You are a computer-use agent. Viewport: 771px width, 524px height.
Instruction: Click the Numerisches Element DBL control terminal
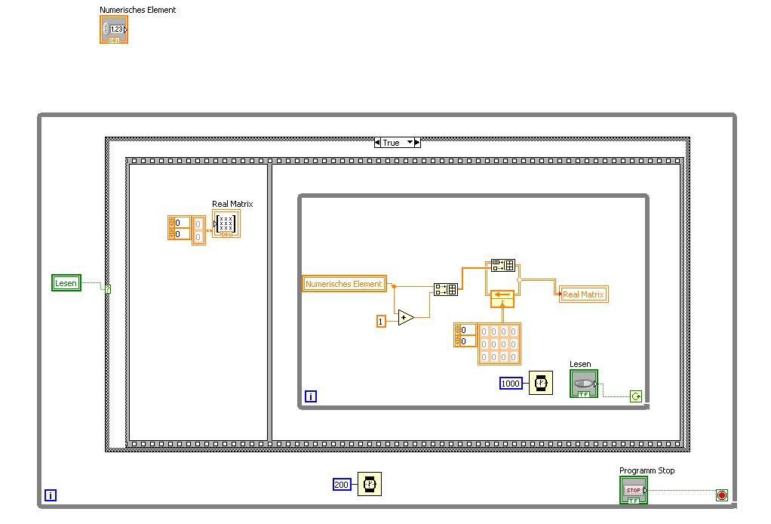(114, 29)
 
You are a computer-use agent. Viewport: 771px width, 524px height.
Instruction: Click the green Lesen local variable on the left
(66, 283)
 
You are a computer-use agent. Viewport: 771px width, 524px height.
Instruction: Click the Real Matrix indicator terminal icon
(226, 224)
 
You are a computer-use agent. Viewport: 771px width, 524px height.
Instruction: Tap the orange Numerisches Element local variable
(345, 284)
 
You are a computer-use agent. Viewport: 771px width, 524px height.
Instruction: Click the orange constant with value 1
(381, 322)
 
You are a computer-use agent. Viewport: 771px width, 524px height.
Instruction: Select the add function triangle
(406, 318)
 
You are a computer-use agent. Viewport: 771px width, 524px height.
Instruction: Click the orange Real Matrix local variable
(583, 294)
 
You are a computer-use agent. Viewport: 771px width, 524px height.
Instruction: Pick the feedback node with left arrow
(502, 298)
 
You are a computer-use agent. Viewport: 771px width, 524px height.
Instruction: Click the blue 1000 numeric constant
(511, 384)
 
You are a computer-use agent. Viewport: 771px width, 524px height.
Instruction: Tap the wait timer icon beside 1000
(540, 384)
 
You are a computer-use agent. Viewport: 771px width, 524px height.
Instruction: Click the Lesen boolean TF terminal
(583, 384)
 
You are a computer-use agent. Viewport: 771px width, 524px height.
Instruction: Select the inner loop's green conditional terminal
(636, 396)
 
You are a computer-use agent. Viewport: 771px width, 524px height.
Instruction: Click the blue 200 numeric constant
(342, 484)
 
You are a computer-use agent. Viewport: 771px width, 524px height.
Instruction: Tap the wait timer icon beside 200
(370, 484)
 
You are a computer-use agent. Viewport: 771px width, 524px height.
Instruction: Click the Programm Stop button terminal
(633, 491)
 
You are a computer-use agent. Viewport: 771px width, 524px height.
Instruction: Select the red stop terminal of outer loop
(722, 495)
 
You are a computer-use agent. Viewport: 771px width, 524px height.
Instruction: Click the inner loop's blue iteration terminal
(310, 396)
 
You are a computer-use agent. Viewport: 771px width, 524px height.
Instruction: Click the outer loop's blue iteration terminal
(51, 496)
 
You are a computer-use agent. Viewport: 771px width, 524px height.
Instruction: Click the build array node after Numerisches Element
(446, 288)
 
